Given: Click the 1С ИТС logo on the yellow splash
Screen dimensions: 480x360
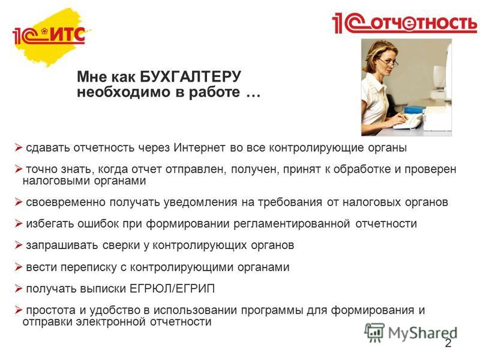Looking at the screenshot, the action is click(x=49, y=35).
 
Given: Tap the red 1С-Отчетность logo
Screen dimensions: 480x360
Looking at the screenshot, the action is click(x=404, y=23).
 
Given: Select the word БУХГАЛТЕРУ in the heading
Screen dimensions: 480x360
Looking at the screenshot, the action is click(x=190, y=76).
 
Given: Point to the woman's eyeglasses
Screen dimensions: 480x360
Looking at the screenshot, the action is click(x=389, y=62).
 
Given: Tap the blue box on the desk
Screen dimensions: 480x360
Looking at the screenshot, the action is click(x=415, y=110).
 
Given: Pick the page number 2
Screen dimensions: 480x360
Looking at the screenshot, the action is click(x=448, y=343).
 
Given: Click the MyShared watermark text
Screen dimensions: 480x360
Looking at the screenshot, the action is click(x=422, y=333).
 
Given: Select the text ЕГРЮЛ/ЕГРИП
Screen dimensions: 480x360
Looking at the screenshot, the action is click(x=172, y=289).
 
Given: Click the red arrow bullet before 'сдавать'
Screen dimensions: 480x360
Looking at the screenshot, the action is click(x=19, y=148).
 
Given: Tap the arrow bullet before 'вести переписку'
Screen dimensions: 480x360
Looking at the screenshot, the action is click(x=19, y=267).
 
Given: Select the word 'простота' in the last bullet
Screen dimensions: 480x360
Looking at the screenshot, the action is click(x=51, y=310).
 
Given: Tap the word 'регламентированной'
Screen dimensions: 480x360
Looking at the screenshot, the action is click(x=292, y=224).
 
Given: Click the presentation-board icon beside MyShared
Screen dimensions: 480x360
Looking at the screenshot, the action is click(x=374, y=332).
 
